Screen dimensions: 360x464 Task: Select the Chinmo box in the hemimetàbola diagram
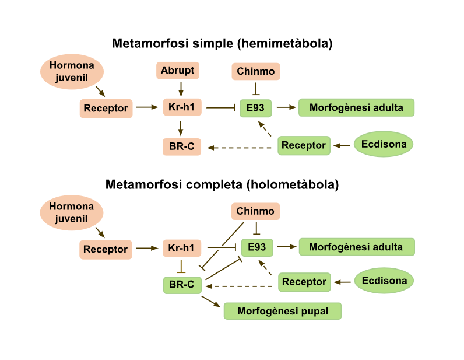pyautogui.click(x=255, y=72)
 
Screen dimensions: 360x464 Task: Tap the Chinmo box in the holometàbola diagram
pyautogui.click(x=255, y=211)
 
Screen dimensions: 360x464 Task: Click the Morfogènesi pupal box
pyautogui.click(x=283, y=311)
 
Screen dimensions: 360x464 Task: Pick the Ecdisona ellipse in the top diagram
pyautogui.click(x=384, y=144)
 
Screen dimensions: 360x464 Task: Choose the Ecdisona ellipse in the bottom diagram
pyautogui.click(x=384, y=281)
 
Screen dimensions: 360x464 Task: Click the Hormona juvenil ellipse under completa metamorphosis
pyautogui.click(x=72, y=212)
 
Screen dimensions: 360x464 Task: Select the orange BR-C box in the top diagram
pyautogui.click(x=181, y=146)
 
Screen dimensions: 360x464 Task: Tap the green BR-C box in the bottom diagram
pyautogui.click(x=182, y=285)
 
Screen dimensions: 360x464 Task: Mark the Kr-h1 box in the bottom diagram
pyautogui.click(x=181, y=248)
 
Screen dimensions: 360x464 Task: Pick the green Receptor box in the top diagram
pyautogui.click(x=303, y=145)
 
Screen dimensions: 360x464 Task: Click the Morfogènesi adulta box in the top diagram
pyautogui.click(x=356, y=107)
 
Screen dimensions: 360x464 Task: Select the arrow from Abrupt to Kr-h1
pyautogui.click(x=181, y=89)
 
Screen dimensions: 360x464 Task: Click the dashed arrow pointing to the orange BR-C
pyautogui.click(x=240, y=148)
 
